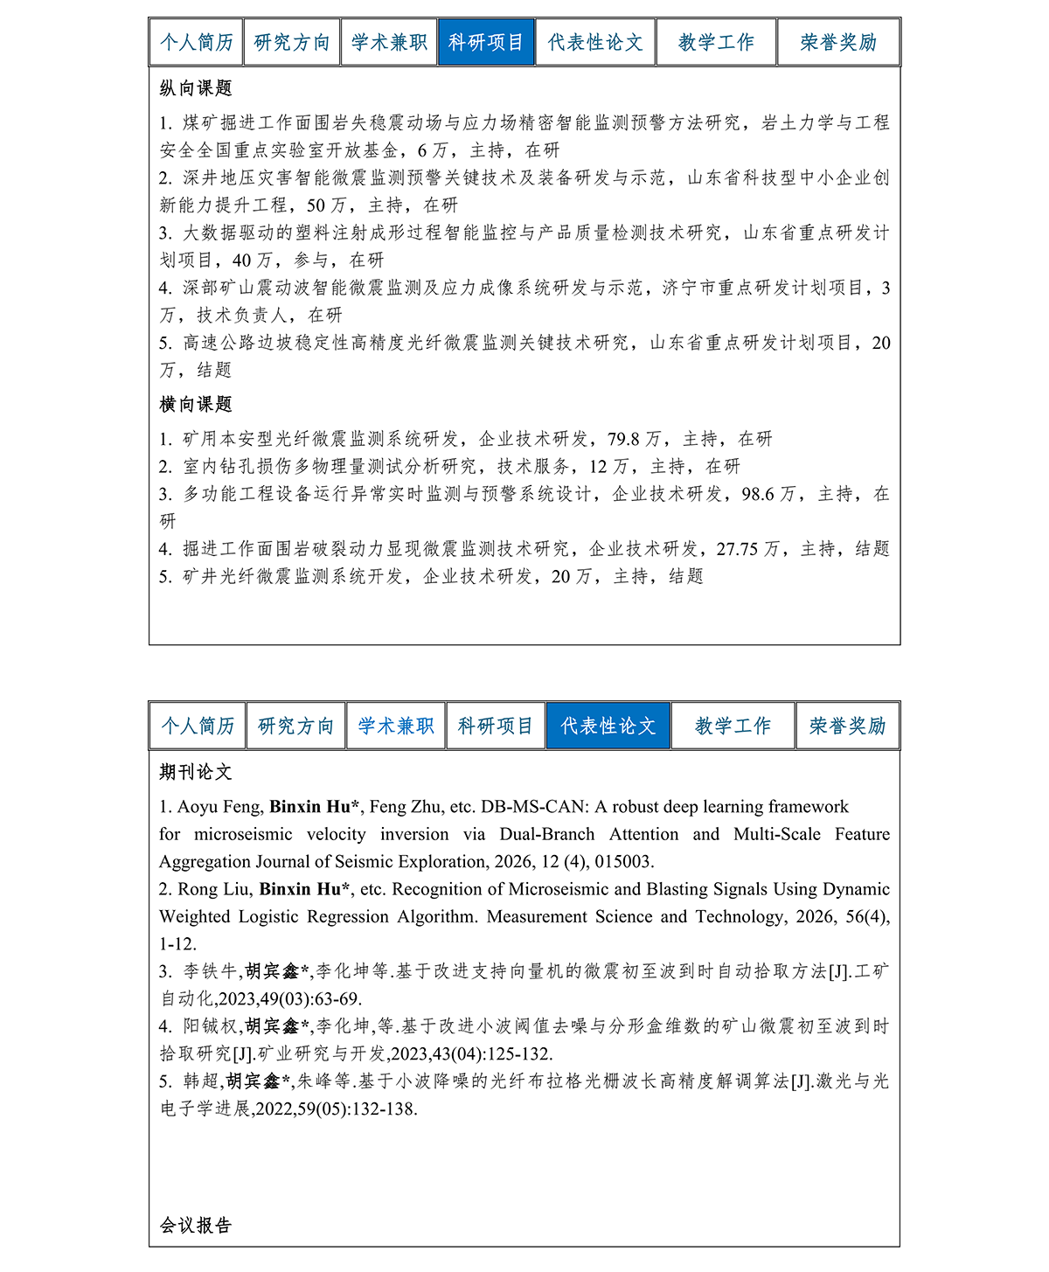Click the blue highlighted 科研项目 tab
485,42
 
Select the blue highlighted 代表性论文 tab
608,726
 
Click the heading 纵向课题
196,88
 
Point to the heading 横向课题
196,404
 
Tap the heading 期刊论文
196,772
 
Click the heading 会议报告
196,1225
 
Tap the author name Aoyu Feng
220,807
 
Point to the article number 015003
624,862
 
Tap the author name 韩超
201,1081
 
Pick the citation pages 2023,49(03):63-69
289,999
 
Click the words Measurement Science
569,917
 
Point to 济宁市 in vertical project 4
689,288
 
